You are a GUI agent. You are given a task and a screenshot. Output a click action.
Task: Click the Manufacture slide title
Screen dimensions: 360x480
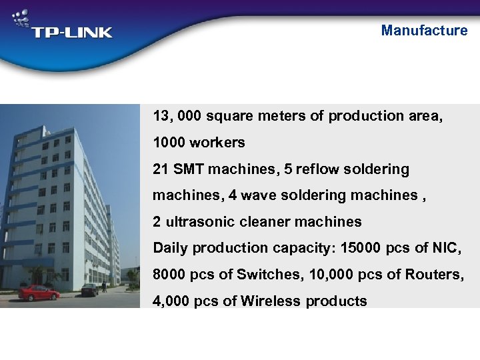point(424,31)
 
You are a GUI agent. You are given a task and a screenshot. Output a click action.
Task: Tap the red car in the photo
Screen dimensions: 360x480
point(39,293)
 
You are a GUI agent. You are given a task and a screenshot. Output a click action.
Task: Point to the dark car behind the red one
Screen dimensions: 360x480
point(89,289)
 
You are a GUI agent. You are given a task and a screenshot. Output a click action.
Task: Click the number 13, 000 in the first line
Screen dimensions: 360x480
point(177,116)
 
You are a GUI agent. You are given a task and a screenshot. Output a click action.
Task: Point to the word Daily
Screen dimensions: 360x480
point(171,248)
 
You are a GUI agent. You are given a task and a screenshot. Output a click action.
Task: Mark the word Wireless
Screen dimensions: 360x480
point(271,301)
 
